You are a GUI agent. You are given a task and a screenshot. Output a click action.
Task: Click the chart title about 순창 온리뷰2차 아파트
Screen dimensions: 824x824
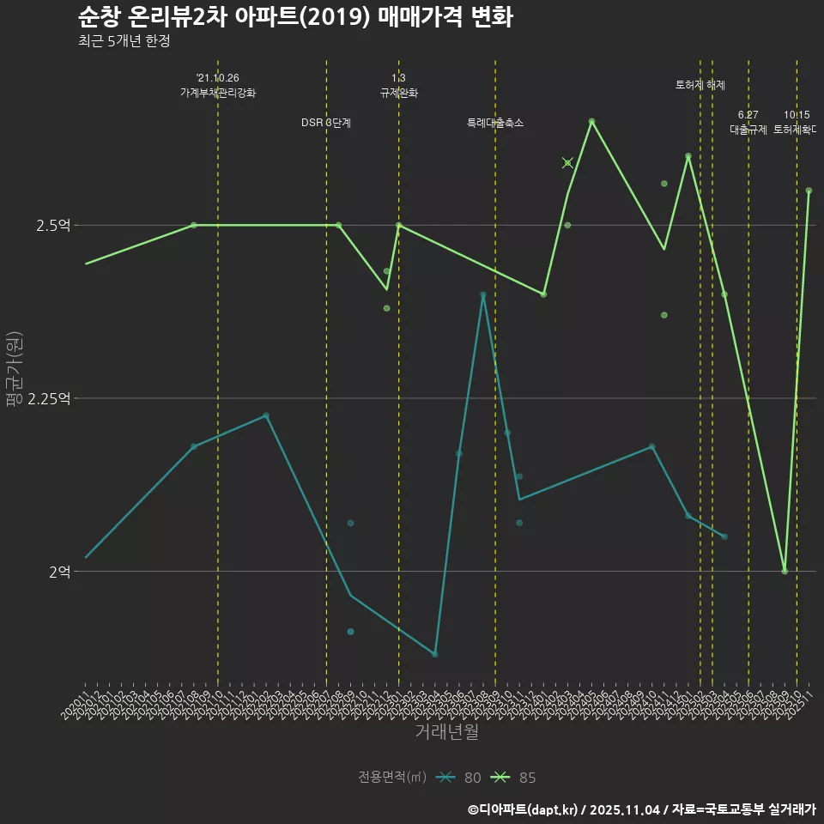(x=295, y=17)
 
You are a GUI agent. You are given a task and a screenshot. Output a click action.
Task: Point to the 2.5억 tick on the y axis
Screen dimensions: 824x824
(x=53, y=226)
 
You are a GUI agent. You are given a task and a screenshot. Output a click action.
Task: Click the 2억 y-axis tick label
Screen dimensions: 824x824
(x=59, y=572)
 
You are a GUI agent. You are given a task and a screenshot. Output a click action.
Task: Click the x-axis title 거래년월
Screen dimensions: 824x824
(x=446, y=732)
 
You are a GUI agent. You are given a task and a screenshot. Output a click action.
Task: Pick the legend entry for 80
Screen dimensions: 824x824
(x=458, y=778)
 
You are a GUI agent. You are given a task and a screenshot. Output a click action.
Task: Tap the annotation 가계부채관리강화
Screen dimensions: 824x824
(x=217, y=93)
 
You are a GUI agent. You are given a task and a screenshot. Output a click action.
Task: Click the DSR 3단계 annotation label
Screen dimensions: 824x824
(x=326, y=123)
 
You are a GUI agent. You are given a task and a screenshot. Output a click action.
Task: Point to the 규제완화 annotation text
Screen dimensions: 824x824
(x=399, y=93)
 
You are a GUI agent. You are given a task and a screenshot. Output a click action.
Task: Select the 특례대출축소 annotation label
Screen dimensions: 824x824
(x=495, y=123)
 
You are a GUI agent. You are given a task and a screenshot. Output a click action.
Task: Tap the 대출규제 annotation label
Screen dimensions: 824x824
(x=748, y=130)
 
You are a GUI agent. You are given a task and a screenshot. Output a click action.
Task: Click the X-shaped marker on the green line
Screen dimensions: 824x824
(x=567, y=163)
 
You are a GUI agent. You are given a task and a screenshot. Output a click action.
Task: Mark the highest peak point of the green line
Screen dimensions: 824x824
(x=591, y=121)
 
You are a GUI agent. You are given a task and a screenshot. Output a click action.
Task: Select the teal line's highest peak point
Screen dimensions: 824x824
(x=483, y=294)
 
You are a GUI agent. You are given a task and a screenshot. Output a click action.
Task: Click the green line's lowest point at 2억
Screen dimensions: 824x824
(x=785, y=572)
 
